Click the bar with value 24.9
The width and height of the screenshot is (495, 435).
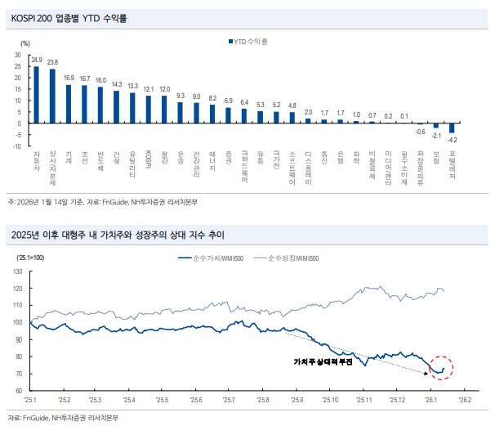pyautogui.click(x=36, y=94)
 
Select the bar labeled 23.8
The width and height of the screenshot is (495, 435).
pyautogui.click(x=52, y=96)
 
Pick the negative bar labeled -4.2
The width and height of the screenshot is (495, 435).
pyautogui.click(x=452, y=128)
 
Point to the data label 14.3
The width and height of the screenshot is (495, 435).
pyautogui.click(x=117, y=84)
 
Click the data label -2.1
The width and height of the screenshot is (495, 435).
pyautogui.click(x=436, y=136)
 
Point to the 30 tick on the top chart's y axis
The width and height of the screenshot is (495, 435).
pyautogui.click(x=19, y=55)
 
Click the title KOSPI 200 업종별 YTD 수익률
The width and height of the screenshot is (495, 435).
pyautogui.click(x=63, y=17)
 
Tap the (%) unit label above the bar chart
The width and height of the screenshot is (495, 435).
pyautogui.click(x=15, y=43)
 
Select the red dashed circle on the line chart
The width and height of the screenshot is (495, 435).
pyautogui.click(x=442, y=368)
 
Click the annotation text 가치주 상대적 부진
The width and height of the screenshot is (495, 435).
pyautogui.click(x=322, y=361)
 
